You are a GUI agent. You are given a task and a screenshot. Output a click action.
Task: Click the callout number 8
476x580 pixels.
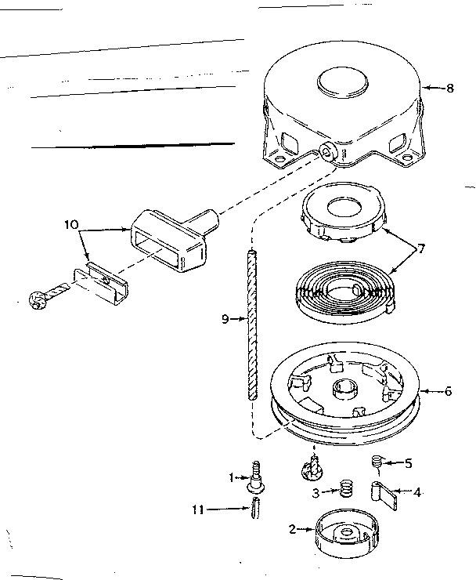click(449, 89)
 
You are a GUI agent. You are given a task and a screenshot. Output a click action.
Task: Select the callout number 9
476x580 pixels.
click(225, 319)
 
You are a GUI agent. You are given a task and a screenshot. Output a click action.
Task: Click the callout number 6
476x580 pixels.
click(449, 391)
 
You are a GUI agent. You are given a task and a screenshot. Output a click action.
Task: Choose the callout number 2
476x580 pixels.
click(292, 529)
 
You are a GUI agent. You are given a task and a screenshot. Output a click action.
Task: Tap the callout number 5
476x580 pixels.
click(407, 462)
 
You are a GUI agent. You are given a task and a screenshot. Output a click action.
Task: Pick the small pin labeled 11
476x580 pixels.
click(256, 509)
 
